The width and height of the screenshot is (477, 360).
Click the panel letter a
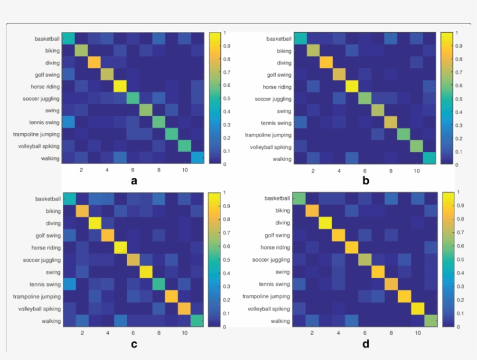[134, 180]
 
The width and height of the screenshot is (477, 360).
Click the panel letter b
[365, 180]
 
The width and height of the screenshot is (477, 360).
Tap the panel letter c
[134, 344]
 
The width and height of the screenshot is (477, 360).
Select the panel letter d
[365, 344]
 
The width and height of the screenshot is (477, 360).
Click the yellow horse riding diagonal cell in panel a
[120, 86]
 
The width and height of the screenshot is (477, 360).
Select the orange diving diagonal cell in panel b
[326, 62]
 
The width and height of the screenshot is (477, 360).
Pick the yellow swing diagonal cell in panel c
[145, 272]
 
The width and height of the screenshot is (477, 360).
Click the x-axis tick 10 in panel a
[184, 170]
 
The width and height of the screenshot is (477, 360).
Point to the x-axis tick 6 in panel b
[364, 171]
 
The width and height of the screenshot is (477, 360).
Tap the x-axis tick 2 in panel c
[81, 333]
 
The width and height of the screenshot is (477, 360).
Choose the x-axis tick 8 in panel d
[390, 334]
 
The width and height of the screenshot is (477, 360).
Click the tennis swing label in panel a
[47, 122]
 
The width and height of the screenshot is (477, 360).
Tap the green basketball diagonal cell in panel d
[300, 200]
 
